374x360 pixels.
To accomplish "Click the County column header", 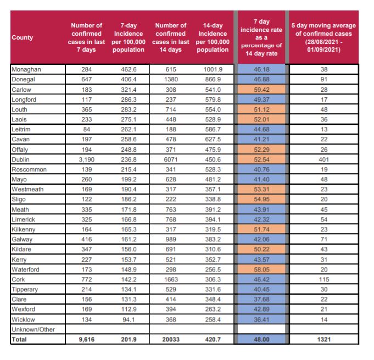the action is point(23,37).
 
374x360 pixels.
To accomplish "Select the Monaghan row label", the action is point(26,69).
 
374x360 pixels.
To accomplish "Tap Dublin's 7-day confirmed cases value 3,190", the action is point(87,159).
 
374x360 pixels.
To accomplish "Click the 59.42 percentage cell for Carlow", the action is point(261,90).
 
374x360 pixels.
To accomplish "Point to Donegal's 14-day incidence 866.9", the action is point(213,79).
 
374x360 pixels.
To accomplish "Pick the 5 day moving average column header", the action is point(323,37).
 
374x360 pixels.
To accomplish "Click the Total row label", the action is point(19,339).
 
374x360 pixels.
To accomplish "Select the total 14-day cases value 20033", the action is point(171,339).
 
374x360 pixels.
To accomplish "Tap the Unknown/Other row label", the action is point(33,329).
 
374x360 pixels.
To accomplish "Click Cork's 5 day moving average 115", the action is point(324,279).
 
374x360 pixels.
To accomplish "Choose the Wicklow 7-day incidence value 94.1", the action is point(129,319).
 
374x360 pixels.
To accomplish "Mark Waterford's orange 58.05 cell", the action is point(261,269).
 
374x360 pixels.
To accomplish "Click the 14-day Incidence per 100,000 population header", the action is point(213,37).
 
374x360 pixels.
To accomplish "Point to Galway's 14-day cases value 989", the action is point(171,239).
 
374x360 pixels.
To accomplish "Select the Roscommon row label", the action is point(29,169).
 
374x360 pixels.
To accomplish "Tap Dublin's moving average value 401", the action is point(324,159).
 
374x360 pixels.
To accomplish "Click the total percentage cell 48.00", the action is point(261,339).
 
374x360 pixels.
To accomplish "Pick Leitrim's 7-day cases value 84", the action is point(87,129).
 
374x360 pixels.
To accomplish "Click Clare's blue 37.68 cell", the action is point(261,299).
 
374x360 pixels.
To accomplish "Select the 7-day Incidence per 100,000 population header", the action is point(129,37).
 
